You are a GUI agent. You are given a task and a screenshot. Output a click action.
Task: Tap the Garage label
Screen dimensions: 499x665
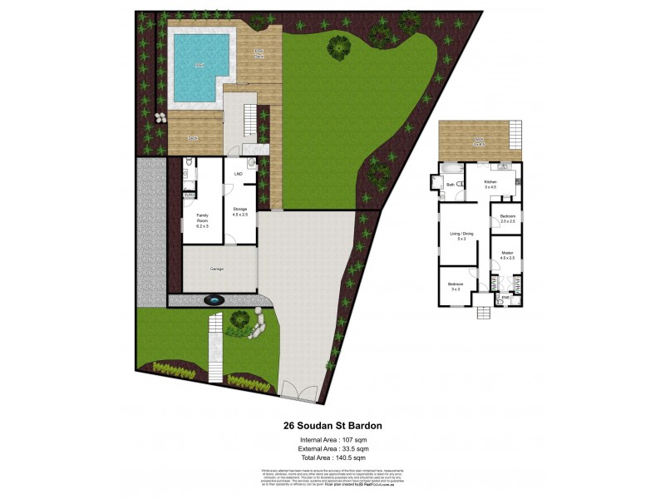[216, 269]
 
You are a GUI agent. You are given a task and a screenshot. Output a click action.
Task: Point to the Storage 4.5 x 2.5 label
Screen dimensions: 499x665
[240, 211]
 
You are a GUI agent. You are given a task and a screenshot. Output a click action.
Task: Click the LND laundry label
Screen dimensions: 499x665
[239, 174]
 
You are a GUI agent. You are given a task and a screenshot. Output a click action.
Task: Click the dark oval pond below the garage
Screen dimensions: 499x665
[214, 299]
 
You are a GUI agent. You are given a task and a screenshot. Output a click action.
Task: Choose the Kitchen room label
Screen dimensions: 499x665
[490, 184]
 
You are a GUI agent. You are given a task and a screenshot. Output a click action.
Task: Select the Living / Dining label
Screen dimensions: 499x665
[462, 236]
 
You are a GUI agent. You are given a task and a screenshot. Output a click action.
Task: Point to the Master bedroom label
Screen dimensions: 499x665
[507, 255]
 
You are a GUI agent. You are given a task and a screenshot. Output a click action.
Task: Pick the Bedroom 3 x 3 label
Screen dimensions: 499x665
[456, 287]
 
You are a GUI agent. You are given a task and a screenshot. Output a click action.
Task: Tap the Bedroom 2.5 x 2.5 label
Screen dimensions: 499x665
[509, 219]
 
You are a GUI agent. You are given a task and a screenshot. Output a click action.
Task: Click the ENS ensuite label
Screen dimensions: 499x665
[505, 296]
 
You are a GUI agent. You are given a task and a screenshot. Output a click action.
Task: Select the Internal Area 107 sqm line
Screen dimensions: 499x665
[332, 440]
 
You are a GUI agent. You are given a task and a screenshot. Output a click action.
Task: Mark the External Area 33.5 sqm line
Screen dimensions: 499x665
[332, 449]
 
